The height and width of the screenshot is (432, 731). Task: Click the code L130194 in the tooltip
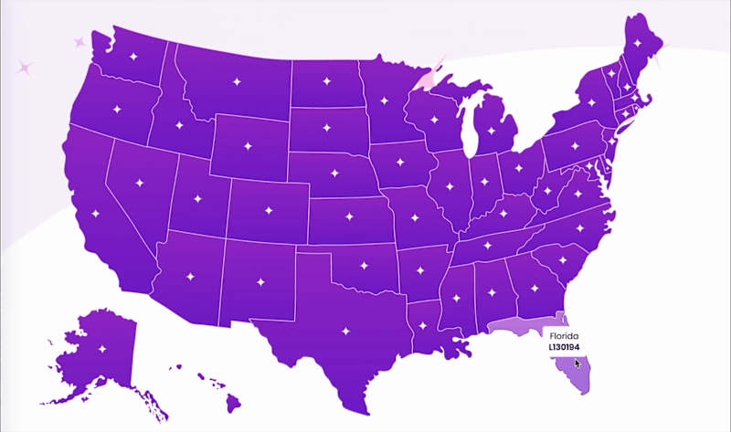pos(564,348)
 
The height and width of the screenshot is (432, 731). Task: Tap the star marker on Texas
pos(345,332)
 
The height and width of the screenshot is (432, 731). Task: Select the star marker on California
pos(96,215)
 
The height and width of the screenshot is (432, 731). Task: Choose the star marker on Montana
pos(236,83)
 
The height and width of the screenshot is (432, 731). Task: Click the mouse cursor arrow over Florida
pos(577,364)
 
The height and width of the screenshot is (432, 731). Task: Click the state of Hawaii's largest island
pos(234,401)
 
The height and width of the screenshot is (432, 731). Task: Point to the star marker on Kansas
pos(346,218)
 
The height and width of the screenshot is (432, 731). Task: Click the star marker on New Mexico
pos(260,281)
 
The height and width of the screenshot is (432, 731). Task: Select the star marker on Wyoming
pos(247,145)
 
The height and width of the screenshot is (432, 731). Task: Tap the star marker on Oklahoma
pos(362,265)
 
